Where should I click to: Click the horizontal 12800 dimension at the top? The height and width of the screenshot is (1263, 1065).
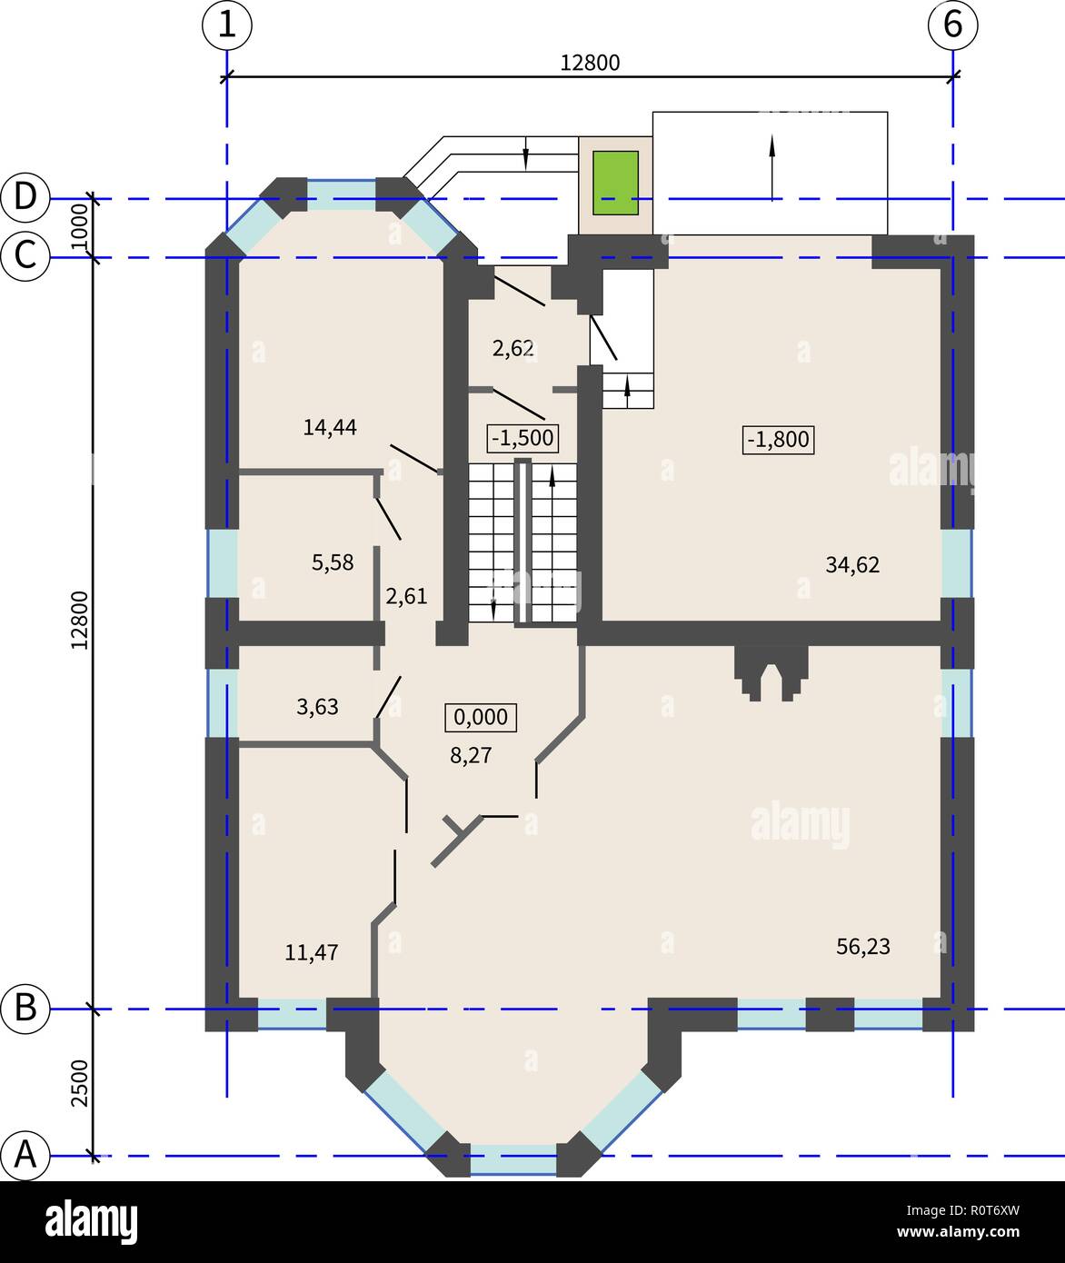[x=589, y=63]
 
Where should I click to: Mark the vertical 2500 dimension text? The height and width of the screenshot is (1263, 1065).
[x=80, y=1082]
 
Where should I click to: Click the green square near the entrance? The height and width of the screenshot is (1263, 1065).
[x=615, y=183]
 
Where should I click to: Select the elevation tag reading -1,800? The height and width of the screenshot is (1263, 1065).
[x=778, y=440]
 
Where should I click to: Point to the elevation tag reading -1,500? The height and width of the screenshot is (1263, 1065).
[x=522, y=438]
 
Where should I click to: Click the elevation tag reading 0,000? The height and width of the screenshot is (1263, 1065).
[x=480, y=717]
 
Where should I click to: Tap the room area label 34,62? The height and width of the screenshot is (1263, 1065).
[x=852, y=564]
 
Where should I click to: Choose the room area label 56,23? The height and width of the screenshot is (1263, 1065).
[x=862, y=947]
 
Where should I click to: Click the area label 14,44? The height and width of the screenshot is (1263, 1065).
[x=330, y=427]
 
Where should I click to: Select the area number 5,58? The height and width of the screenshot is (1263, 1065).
[x=333, y=562]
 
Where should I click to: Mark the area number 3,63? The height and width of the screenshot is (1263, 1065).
[x=317, y=706]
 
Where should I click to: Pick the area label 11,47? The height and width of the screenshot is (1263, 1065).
[x=312, y=952]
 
